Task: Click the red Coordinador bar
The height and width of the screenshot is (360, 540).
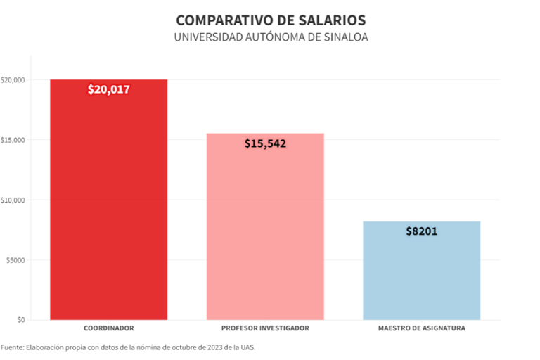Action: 108,204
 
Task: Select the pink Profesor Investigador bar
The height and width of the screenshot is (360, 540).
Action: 265,232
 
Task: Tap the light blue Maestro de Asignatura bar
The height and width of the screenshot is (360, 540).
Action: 421,274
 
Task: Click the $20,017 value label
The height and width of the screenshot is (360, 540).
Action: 108,89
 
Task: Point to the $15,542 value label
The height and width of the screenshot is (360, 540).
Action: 265,143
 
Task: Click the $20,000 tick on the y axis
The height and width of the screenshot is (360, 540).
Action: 13,80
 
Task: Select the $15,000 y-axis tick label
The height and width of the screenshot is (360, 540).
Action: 13,140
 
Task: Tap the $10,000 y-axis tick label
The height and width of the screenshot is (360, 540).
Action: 13,200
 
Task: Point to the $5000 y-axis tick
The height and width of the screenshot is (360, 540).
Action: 14,260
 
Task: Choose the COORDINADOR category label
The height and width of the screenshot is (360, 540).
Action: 108,328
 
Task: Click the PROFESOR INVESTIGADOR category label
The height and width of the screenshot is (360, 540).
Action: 265,328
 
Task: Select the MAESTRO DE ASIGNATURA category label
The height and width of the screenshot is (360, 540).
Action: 421,328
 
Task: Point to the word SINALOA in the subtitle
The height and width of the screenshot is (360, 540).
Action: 344,37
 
